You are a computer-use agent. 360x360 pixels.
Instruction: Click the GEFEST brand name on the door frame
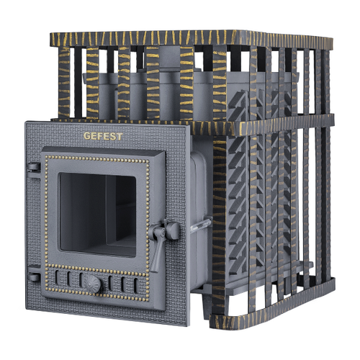[x=103, y=136]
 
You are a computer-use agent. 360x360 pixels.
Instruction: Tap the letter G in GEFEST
[x=87, y=136]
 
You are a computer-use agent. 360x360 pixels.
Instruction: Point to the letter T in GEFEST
[x=120, y=137]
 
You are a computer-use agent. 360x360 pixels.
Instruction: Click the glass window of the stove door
[x=98, y=215]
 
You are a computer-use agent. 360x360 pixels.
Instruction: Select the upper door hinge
[x=34, y=167]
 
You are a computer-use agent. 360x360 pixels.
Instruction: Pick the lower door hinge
[x=34, y=276]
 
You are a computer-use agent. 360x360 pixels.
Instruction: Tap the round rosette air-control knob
[x=92, y=284]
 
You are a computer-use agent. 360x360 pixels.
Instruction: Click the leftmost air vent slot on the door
[x=57, y=277]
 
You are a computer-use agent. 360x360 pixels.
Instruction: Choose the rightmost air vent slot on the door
[x=136, y=286]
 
